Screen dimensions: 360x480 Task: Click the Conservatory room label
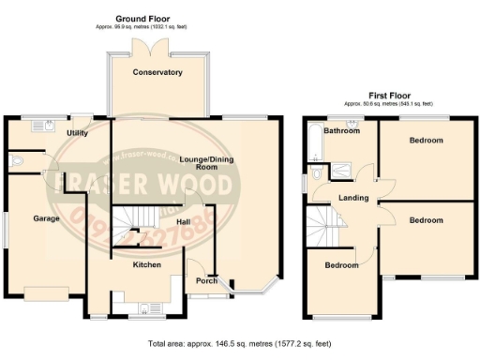(157, 72)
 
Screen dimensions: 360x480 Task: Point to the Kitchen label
(146, 265)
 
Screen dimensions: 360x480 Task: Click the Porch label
(206, 280)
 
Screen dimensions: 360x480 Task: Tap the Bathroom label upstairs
(341, 131)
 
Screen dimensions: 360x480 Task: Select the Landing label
(353, 198)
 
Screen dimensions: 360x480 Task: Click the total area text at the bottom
(240, 346)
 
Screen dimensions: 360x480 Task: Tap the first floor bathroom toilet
(318, 173)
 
